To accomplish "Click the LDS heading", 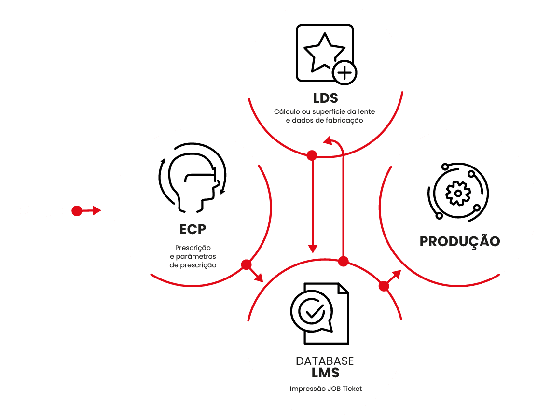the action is tap(325, 98).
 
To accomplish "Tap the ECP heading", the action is tap(193, 229).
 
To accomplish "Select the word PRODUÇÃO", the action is tap(460, 241).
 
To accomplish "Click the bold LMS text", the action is tap(325, 373).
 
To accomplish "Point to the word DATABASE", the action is tap(325, 361).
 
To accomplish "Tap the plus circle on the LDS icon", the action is tap(344, 73).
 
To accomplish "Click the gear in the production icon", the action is tap(458, 193).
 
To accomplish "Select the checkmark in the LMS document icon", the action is tap(315, 311).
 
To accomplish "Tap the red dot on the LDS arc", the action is tap(312, 155).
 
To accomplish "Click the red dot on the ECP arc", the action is tap(246, 264).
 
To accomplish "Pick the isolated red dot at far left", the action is tap(77, 211).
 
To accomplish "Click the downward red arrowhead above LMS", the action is tap(313, 249).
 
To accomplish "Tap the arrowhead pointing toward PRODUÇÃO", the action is tap(397, 274).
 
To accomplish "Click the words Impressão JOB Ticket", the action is tap(326, 389).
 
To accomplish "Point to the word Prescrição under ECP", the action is tap(193, 248).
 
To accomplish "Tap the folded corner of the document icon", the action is tap(343, 289).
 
